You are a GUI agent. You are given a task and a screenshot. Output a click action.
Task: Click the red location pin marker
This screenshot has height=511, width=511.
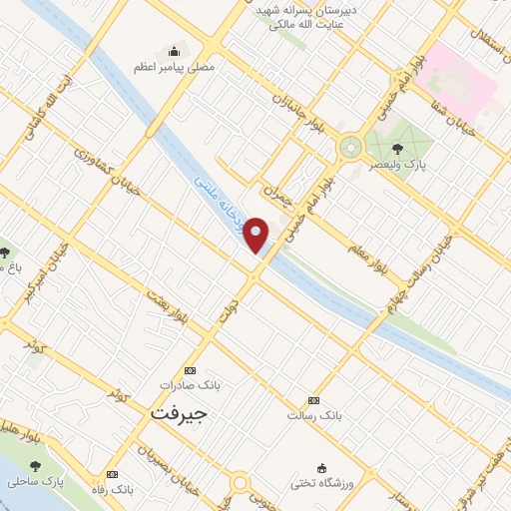pos(257,235)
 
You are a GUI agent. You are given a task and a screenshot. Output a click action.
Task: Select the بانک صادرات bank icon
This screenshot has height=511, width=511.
pos(191,368)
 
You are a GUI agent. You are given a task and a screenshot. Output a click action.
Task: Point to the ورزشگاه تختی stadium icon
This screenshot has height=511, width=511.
pos(321,468)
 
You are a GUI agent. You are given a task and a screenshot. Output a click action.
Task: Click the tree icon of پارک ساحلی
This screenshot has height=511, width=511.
pos(37,466)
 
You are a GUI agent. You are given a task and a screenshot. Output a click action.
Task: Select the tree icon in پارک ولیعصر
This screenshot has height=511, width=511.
pos(397,150)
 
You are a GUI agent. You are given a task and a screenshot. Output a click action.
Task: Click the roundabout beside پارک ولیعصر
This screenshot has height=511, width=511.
pos(350,148)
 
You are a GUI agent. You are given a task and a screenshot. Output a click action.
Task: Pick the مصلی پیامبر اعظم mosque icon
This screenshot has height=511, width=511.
pos(176,52)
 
